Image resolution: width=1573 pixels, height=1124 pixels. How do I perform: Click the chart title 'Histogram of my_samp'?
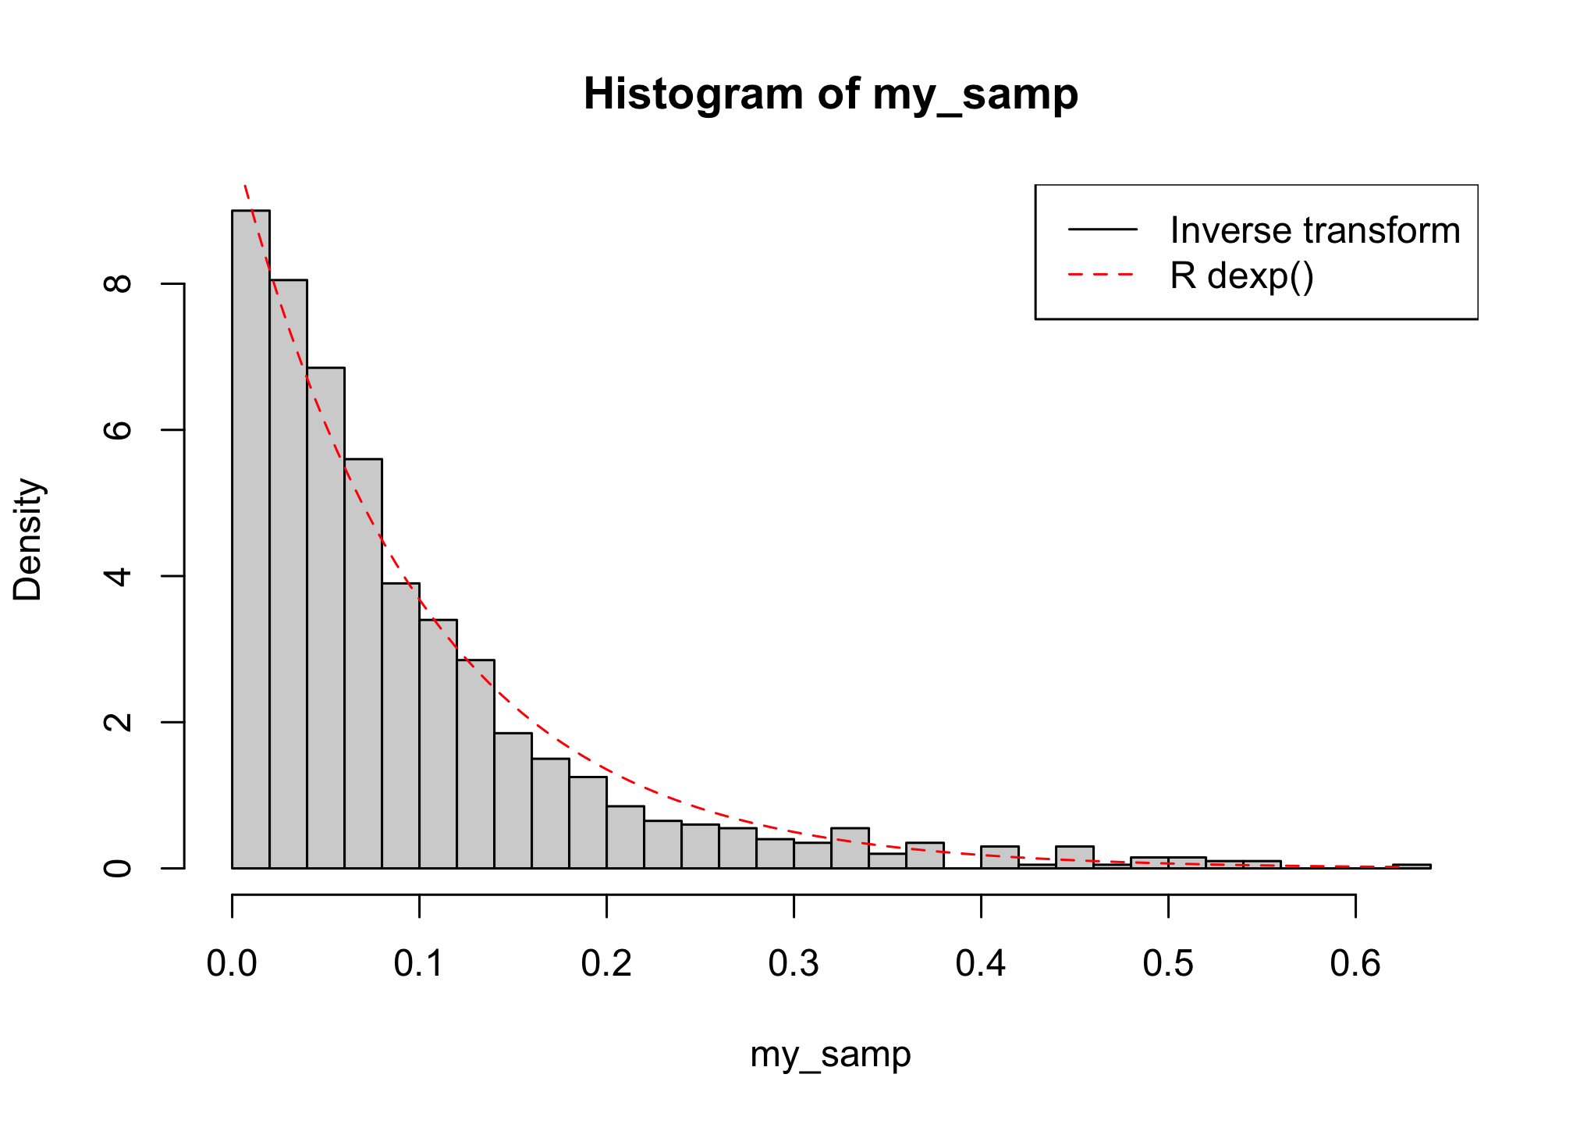[x=830, y=94]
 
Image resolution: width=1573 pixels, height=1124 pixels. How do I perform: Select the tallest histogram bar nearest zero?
[x=250, y=539]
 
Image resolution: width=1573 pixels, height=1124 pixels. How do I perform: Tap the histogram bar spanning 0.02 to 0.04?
[x=288, y=574]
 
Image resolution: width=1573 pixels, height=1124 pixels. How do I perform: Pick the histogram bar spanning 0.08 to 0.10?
[x=400, y=726]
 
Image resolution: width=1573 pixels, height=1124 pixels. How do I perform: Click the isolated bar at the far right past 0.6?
[x=1411, y=866]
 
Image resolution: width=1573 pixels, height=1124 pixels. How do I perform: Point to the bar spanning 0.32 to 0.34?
[x=850, y=848]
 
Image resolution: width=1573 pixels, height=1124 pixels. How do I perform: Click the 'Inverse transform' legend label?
[x=1315, y=230]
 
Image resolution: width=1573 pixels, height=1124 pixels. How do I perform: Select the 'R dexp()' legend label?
[x=1241, y=276]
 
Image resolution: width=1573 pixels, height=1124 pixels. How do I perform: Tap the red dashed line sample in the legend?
[x=1103, y=276]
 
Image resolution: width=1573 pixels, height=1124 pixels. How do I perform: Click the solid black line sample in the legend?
[x=1103, y=229]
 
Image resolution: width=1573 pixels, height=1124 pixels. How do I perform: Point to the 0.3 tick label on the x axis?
[x=794, y=964]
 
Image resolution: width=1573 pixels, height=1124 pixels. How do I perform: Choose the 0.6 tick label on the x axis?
[x=1355, y=964]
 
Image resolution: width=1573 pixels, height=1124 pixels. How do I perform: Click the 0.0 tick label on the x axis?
[x=232, y=964]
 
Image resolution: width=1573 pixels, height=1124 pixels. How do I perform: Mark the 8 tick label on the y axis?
[x=119, y=283]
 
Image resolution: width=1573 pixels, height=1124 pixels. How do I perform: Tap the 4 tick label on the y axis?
[x=119, y=576]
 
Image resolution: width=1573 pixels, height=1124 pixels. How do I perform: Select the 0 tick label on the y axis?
[x=119, y=868]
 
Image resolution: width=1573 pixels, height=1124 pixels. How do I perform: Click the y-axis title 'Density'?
[x=29, y=539]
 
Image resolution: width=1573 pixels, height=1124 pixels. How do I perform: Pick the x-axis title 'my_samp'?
[x=830, y=1055]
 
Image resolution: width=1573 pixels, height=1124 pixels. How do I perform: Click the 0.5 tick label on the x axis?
[x=1168, y=964]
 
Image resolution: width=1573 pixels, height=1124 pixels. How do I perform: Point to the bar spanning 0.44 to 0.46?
[x=1074, y=857]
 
